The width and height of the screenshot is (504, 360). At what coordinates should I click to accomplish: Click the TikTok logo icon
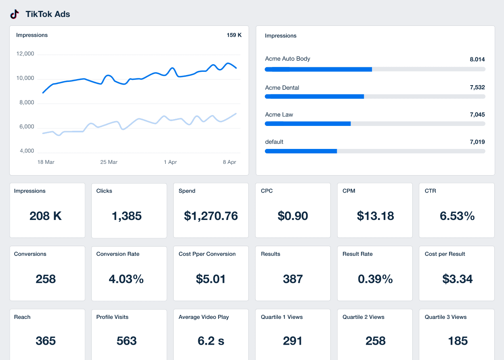pyautogui.click(x=15, y=14)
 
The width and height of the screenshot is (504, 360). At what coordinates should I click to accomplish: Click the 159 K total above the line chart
pyautogui.click(x=234, y=35)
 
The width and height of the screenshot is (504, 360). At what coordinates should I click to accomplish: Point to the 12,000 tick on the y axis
pyautogui.click(x=25, y=54)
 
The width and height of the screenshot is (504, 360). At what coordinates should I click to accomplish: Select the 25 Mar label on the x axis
pyautogui.click(x=109, y=162)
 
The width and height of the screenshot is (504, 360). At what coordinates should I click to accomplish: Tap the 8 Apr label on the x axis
pyautogui.click(x=229, y=162)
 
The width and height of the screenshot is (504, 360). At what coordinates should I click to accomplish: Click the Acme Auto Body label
pyautogui.click(x=287, y=59)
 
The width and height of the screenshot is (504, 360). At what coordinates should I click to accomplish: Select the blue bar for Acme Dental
pyautogui.click(x=314, y=96)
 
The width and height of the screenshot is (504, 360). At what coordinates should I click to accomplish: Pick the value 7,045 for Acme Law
pyautogui.click(x=477, y=115)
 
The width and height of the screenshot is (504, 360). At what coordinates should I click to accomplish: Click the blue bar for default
pyautogui.click(x=301, y=151)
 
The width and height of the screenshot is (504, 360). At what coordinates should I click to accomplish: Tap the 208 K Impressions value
pyautogui.click(x=46, y=216)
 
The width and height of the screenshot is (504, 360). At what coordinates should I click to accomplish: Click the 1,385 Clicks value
pyautogui.click(x=126, y=216)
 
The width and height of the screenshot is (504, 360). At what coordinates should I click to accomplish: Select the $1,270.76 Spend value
pyautogui.click(x=211, y=216)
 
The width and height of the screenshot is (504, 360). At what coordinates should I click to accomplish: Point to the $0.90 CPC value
pyautogui.click(x=293, y=216)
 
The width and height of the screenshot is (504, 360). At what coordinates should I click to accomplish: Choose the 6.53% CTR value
pyautogui.click(x=457, y=216)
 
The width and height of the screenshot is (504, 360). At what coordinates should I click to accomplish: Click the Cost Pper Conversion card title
pyautogui.click(x=207, y=254)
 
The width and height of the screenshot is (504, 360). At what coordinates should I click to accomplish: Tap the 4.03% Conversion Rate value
pyautogui.click(x=126, y=279)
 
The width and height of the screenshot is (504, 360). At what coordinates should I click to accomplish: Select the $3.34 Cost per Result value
pyautogui.click(x=457, y=279)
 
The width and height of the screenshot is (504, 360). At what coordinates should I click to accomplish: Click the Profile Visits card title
pyautogui.click(x=112, y=317)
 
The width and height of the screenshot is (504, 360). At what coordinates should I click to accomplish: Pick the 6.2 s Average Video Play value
pyautogui.click(x=211, y=341)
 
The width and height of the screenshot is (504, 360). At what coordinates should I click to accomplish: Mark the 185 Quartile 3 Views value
pyautogui.click(x=458, y=341)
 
